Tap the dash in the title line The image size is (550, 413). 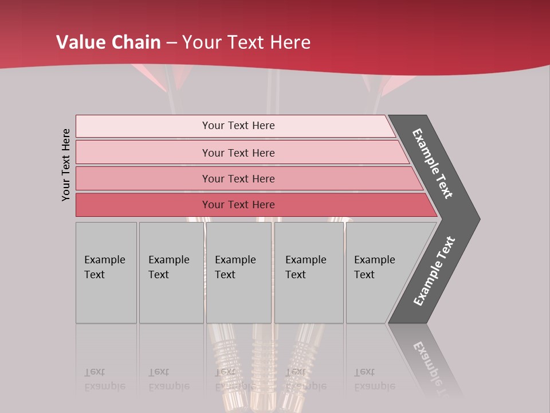172,43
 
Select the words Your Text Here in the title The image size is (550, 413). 246,42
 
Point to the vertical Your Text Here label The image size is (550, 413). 66,165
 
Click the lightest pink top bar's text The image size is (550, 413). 238,126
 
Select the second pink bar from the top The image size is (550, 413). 238,153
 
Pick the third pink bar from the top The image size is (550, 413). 238,178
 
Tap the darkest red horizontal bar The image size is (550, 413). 238,205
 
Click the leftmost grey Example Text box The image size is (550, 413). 106,272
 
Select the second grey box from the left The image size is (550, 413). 171,272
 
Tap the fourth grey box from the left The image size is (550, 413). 309,272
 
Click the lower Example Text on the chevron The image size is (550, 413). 434,271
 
